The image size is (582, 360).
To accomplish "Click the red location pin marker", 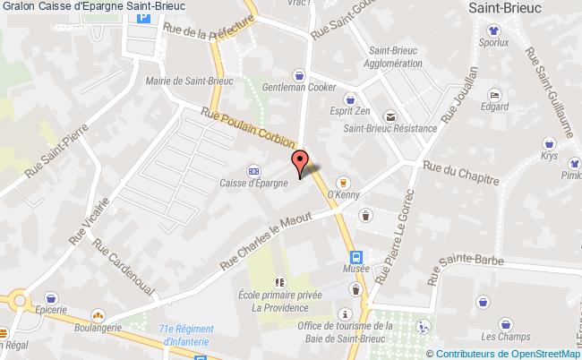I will click(301, 162).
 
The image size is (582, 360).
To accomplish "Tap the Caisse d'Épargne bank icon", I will click(254, 170).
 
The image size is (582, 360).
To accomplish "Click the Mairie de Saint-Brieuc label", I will click(195, 80).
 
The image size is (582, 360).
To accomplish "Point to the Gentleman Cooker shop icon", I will click(299, 75).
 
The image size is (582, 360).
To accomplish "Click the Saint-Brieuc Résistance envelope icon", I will click(390, 116).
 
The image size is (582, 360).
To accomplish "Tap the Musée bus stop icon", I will click(355, 254).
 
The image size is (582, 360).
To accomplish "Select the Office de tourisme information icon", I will click(346, 313).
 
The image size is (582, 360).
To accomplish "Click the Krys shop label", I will click(550, 154).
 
